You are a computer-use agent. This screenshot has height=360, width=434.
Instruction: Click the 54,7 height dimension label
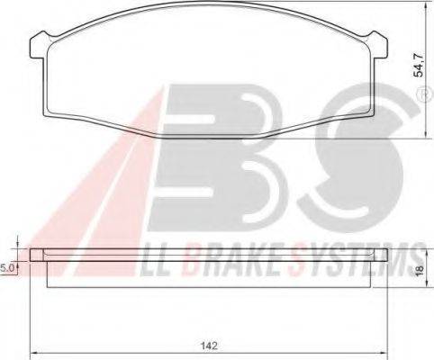tap(418, 65)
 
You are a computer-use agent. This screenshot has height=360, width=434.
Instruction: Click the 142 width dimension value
tap(209, 346)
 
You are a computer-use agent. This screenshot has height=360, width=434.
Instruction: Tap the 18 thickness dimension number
tap(420, 270)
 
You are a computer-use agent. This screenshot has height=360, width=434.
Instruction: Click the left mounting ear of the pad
tap(39, 45)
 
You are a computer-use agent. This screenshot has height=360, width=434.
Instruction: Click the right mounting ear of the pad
tap(379, 45)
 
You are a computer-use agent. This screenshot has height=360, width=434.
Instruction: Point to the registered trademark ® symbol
tap(424, 95)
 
